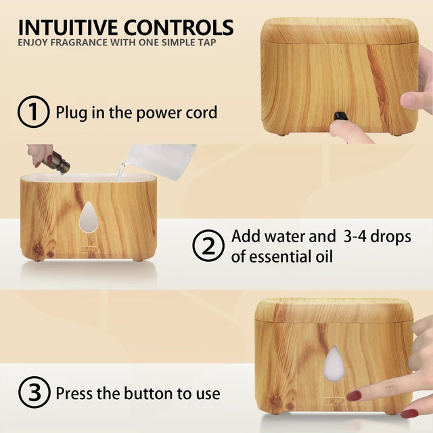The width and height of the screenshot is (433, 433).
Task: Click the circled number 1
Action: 34,112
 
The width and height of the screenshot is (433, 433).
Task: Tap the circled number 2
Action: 208,246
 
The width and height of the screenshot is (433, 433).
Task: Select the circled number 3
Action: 35,392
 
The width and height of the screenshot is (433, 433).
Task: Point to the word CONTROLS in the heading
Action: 179,28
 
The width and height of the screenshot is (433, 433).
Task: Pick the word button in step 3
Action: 149,393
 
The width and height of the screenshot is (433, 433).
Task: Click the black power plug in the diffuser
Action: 340,116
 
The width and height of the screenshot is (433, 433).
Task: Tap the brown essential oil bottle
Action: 60,163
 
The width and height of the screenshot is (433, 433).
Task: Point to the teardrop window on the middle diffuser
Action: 89,216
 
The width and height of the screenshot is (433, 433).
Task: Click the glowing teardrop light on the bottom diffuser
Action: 334,363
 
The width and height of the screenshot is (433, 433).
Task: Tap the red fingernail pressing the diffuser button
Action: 354,395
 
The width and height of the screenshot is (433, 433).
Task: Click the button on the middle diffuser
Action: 89,249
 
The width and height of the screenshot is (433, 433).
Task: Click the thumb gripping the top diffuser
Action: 412,101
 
